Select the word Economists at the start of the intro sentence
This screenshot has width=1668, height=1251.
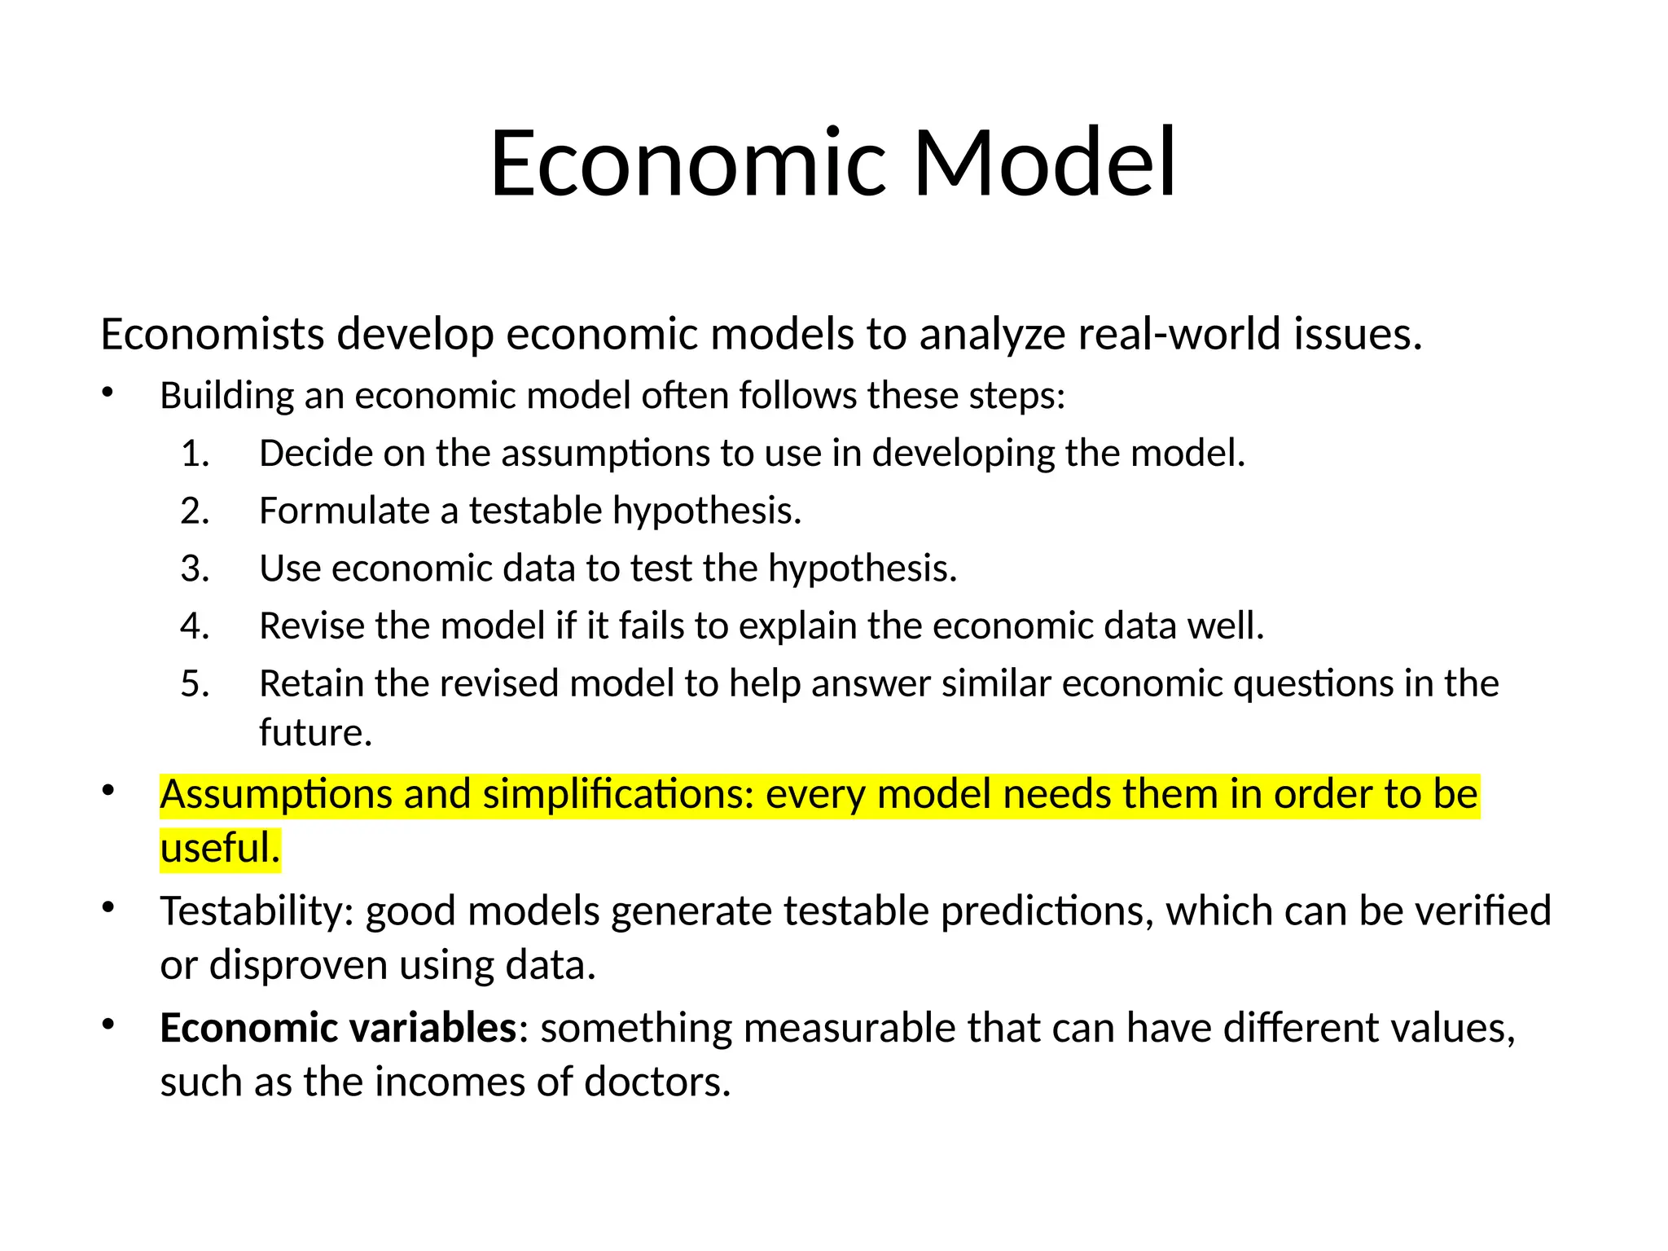click(x=213, y=335)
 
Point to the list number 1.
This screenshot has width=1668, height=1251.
click(x=195, y=454)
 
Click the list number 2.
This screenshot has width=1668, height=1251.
click(x=195, y=511)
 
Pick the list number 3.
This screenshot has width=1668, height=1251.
click(x=195, y=568)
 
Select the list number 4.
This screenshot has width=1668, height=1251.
click(x=195, y=626)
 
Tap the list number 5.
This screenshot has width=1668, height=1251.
click(x=195, y=683)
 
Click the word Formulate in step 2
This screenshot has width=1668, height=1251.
click(x=344, y=511)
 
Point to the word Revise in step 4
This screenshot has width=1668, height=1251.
click(x=312, y=626)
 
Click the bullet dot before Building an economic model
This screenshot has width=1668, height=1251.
click(x=108, y=394)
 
